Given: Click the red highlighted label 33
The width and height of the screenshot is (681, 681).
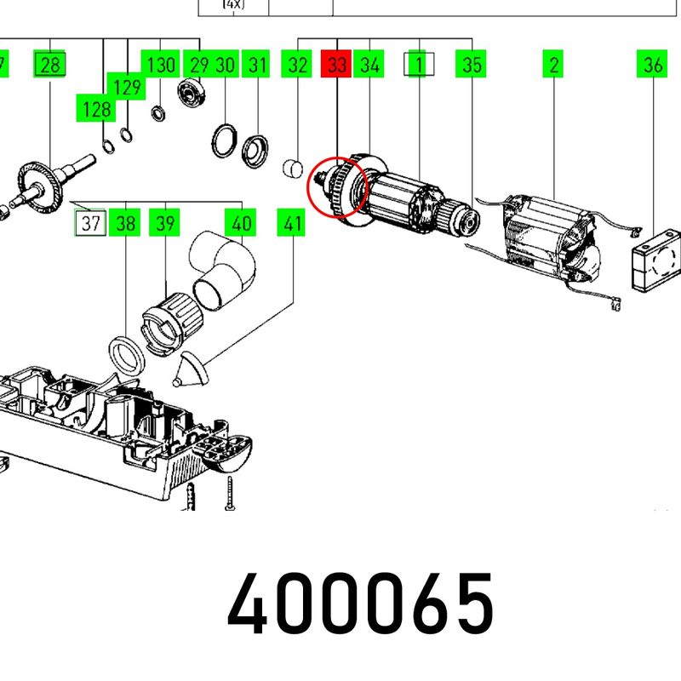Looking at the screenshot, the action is click(335, 64).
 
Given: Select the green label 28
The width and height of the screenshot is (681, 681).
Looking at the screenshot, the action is click(49, 64).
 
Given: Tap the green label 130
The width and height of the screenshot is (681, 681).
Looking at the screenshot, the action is click(160, 64).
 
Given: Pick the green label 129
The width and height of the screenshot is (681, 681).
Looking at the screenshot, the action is click(126, 87).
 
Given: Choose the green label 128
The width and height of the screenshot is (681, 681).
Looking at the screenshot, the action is click(95, 108).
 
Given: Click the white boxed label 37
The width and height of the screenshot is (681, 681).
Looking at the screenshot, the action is click(90, 223).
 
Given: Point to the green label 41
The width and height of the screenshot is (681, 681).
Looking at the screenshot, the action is click(291, 223).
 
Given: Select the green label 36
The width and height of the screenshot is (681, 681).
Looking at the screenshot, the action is click(652, 64).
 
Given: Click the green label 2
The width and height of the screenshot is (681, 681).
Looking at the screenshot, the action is click(552, 64).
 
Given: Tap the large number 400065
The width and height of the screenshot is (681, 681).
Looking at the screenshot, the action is click(360, 603).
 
